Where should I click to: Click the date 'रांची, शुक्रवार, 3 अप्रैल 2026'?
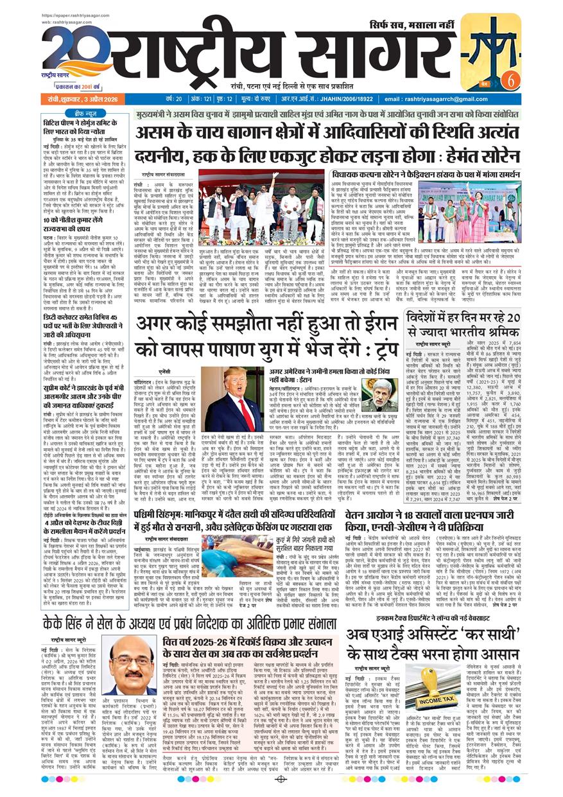79,99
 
